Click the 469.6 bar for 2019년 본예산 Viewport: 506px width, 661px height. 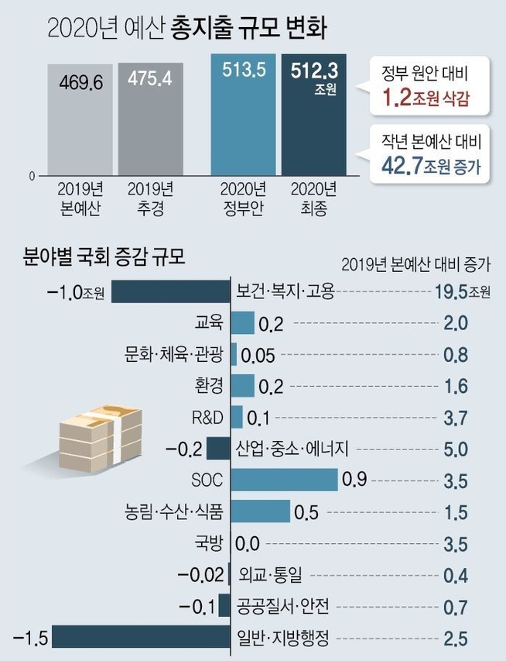coord(80,120)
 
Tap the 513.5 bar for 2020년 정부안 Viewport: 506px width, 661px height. coord(244,116)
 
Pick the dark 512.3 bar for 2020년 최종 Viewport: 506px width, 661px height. coord(313,116)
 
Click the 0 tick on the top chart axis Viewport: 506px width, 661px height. coord(32,176)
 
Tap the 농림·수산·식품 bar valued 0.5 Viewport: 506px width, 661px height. coord(260,511)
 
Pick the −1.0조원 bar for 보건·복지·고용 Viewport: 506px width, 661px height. coord(171,291)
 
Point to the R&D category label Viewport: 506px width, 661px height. coord(207,418)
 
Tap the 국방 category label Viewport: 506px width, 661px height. coord(210,543)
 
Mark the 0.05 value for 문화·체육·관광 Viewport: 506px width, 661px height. coord(258,356)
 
